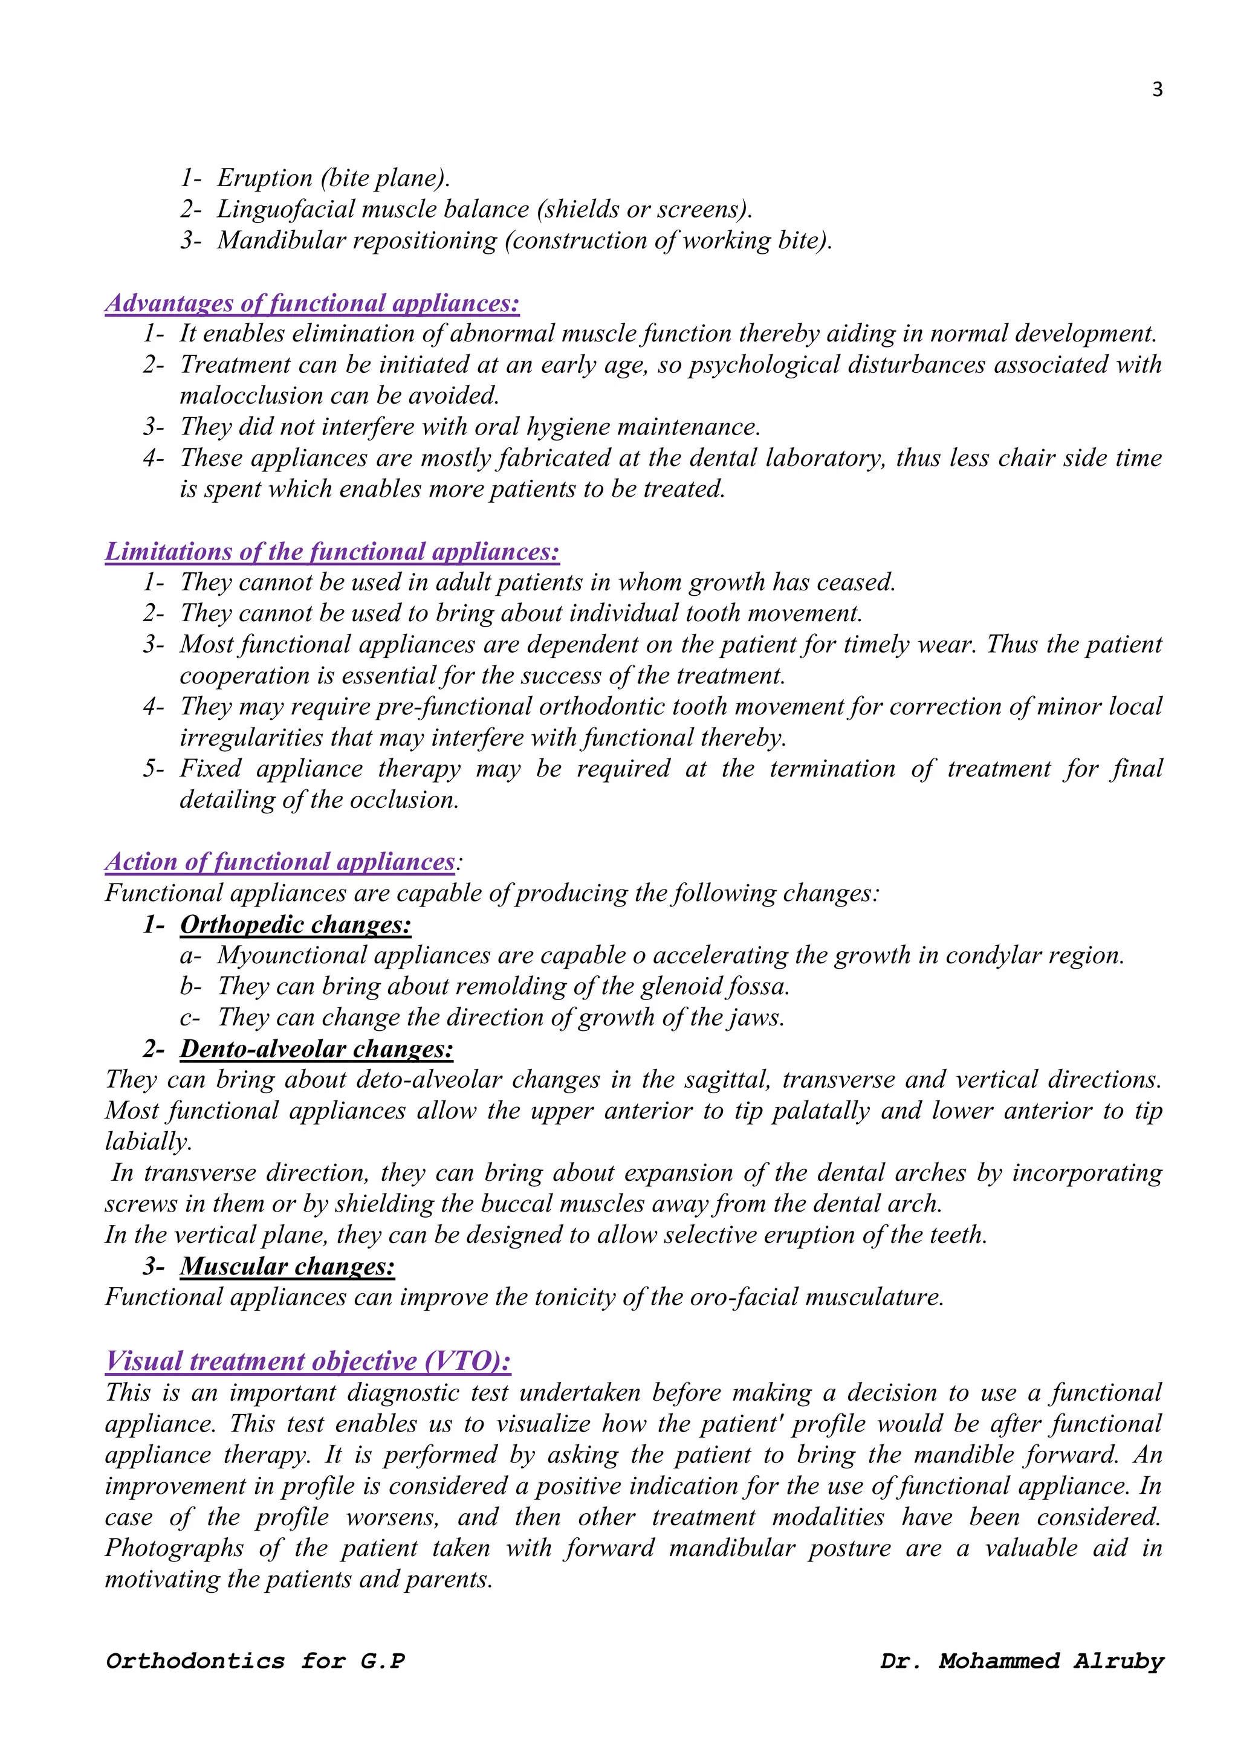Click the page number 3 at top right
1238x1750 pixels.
1156,90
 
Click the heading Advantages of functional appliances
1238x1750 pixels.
312,303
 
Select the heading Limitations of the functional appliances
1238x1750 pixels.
332,552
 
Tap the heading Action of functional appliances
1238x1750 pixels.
280,862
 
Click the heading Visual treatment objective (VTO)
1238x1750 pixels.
308,1361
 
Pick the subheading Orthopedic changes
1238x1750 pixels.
295,925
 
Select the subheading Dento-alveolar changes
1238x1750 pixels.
316,1049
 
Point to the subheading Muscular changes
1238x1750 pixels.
287,1266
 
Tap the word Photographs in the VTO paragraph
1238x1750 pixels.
174,1549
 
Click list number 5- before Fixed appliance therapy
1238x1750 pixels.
153,769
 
